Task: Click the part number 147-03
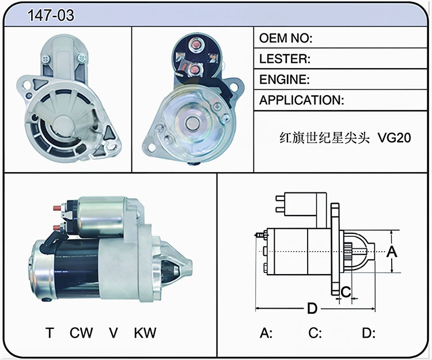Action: [51, 15]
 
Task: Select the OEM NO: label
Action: [286, 38]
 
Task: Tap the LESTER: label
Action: [285, 59]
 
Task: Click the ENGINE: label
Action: [285, 79]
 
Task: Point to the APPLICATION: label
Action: [302, 100]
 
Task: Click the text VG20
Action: [394, 138]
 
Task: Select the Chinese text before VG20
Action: [324, 138]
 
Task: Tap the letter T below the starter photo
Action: [50, 333]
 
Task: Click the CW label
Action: [81, 333]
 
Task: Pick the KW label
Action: [145, 333]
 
